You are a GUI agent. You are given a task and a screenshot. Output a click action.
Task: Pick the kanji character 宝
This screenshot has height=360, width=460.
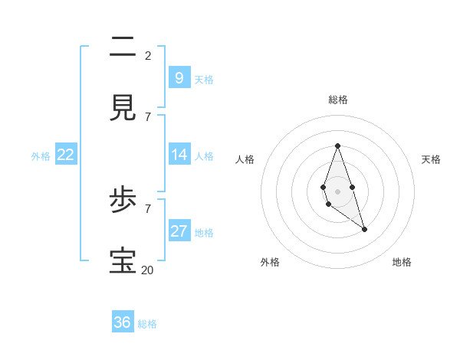[123, 260]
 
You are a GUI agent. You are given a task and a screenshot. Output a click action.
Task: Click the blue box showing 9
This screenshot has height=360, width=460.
[179, 77]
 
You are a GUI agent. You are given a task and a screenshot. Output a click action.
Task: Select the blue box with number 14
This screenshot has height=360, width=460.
[179, 155]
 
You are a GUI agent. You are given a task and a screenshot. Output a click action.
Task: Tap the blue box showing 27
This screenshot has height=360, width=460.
[179, 231]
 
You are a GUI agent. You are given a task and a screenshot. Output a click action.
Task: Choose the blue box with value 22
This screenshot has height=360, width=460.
[66, 155]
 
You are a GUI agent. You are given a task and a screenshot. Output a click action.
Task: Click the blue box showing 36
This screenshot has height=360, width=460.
[123, 322]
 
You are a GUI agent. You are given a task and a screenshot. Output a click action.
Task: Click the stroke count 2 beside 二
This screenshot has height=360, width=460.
[148, 55]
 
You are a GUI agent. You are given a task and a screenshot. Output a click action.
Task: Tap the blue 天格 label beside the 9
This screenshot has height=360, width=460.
[204, 79]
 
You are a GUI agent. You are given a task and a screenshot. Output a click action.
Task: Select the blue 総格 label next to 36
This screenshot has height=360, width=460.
[147, 324]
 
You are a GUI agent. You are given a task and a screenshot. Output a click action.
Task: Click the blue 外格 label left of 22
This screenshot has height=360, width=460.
[41, 156]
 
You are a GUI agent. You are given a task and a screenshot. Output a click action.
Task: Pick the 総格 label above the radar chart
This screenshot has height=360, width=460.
[337, 100]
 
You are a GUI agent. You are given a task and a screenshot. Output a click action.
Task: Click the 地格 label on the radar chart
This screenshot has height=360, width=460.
[402, 262]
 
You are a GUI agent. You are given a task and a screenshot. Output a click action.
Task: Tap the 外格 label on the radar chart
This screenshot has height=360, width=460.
[270, 262]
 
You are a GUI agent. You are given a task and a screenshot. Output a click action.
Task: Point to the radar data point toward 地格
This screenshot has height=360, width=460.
[364, 229]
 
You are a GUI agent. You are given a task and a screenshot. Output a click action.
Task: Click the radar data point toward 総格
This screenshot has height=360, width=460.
[337, 146]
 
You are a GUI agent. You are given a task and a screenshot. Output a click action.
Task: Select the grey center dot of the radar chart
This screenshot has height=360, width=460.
[337, 191]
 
